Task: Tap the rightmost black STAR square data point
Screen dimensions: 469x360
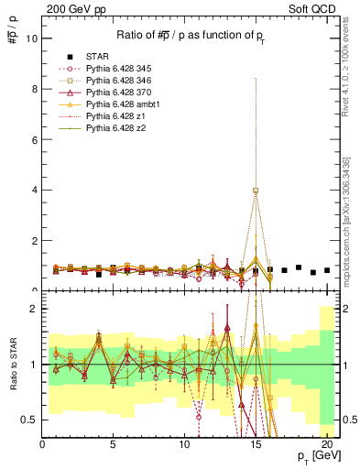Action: [x=327, y=269]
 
